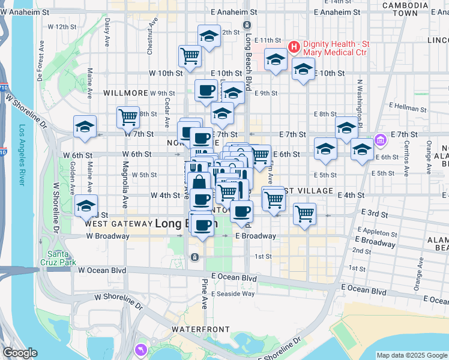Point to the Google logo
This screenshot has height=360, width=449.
tap(20, 353)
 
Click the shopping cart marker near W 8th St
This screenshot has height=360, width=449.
tap(128, 116)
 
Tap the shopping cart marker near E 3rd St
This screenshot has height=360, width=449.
tap(304, 213)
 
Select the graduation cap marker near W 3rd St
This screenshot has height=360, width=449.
tap(86, 206)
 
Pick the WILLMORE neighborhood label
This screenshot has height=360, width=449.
tap(125, 93)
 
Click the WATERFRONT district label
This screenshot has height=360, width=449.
tap(200, 329)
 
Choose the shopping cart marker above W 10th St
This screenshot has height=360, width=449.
tap(190, 56)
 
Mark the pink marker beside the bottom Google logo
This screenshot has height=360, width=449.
tap(140, 349)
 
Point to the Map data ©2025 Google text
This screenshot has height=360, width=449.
tap(411, 355)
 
